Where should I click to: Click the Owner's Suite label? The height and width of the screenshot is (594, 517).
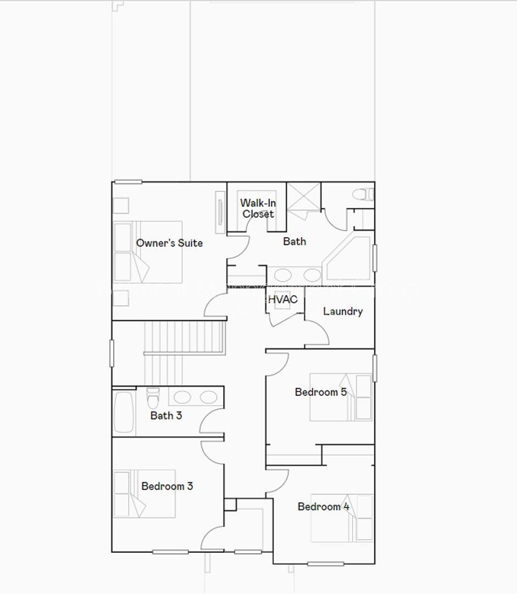point(169,243)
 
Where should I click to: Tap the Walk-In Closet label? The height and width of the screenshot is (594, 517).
point(258,208)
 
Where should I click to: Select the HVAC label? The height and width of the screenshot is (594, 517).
point(282,300)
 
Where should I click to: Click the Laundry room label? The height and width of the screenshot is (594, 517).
point(342,312)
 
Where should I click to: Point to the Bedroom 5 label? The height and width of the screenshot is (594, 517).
point(320,392)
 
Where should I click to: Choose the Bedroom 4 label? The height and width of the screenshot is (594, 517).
point(323,507)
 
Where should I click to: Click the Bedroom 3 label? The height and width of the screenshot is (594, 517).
point(167,486)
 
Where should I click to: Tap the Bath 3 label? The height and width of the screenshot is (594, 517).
point(166,416)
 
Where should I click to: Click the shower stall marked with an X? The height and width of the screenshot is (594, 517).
point(304,196)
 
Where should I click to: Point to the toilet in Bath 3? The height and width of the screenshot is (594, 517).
point(153,395)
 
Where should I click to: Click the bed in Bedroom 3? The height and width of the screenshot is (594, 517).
point(144,493)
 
